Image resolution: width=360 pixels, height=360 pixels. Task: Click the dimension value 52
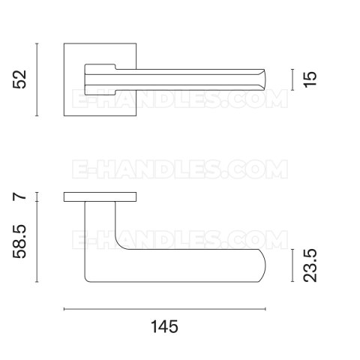[x=19, y=79]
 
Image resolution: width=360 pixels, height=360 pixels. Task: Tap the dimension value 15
[x=310, y=79]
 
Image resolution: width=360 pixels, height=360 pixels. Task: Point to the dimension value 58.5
[x=19, y=241]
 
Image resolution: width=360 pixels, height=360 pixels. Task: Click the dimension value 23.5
[x=310, y=265]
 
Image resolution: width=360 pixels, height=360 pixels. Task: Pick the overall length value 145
[x=164, y=326]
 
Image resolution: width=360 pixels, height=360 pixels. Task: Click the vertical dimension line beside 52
[x=37, y=79]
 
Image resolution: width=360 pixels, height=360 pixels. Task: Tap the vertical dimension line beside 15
[x=292, y=79]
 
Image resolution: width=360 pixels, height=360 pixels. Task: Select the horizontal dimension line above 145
[x=164, y=309]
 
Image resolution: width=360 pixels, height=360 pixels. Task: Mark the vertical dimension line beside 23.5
[x=292, y=265]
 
